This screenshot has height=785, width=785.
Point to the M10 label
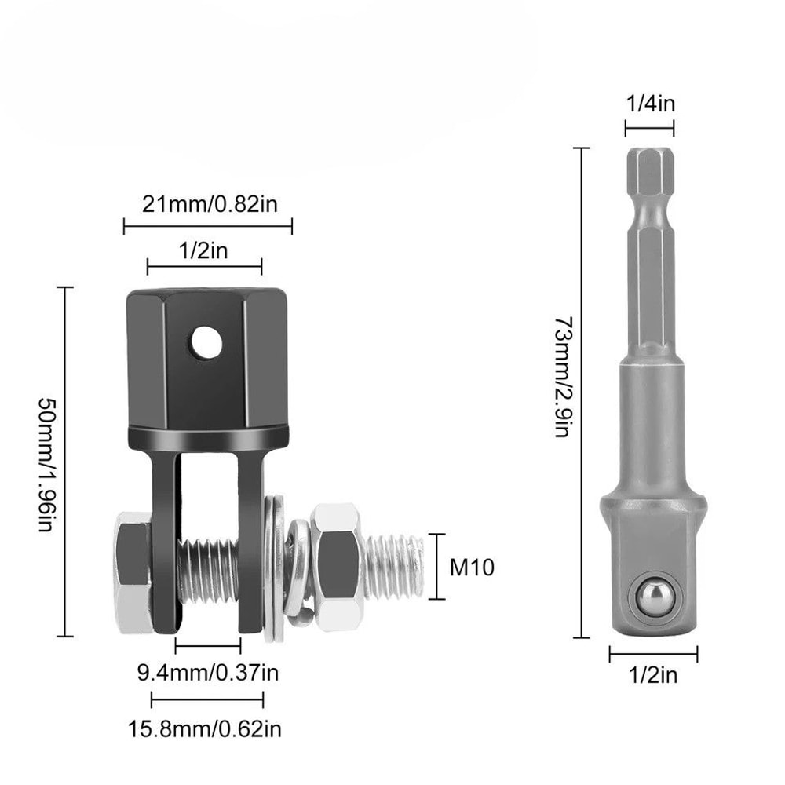click(x=472, y=567)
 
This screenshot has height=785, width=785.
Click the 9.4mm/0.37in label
click(x=207, y=673)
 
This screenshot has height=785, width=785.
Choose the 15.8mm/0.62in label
click(x=205, y=728)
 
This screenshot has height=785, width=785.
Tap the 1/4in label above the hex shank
click(x=649, y=104)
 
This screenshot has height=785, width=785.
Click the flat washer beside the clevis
click(x=274, y=569)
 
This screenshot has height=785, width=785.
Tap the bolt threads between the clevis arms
click(x=207, y=570)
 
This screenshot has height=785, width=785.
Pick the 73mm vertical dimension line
click(x=582, y=392)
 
